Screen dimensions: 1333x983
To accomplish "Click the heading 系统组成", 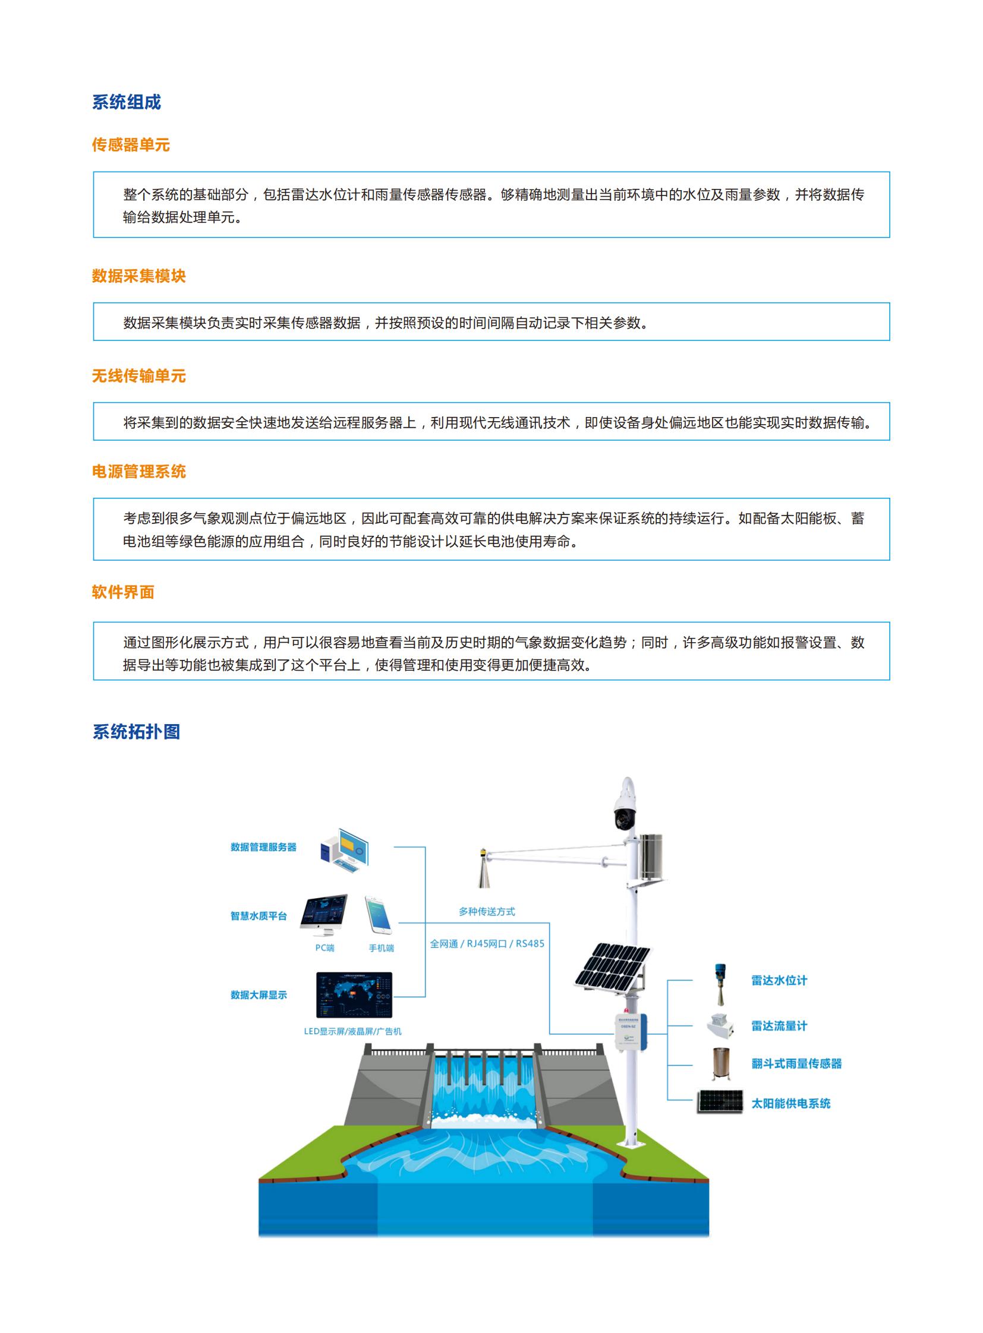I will point(126,102).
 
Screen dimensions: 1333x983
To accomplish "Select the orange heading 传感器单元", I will point(131,144).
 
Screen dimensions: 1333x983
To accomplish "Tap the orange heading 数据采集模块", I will point(138,276).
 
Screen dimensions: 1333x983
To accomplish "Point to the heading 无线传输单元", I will point(138,376).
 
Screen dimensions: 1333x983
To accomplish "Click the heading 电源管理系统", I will point(138,472).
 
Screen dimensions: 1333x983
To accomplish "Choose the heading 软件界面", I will point(123,592).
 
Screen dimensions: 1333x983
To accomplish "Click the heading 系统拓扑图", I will point(136,732).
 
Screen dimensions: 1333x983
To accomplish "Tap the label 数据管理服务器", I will point(263,847).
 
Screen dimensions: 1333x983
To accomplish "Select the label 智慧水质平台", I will point(259,916).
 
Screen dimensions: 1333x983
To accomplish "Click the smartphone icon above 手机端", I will point(378,915).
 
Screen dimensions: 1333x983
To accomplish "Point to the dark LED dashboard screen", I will point(354,995).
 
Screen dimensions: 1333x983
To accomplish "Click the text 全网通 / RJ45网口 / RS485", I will point(487,944).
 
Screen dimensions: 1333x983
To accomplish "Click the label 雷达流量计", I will point(779,1026).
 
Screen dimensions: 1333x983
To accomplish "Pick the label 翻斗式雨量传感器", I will point(796,1063).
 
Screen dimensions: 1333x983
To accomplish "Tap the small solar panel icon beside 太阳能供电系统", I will point(720,1101).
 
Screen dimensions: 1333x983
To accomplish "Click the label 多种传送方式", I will point(487,911).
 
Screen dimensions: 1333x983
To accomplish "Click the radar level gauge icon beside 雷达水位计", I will point(720,984).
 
